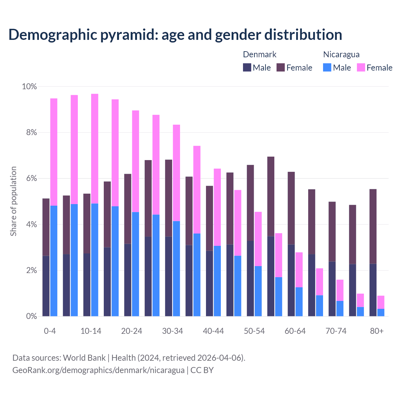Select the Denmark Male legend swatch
247,67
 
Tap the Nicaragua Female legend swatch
361,67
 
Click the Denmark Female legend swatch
281,67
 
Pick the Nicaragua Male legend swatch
327,67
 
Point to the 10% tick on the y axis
29,87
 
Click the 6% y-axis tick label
32,178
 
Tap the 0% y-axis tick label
32,316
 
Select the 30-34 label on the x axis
172,331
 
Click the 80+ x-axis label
377,331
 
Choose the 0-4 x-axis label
50,331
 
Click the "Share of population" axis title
14,201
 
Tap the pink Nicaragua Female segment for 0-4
54,152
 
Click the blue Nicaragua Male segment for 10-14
95,259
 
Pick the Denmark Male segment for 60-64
291,280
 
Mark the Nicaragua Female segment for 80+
381,302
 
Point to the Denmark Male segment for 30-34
169,276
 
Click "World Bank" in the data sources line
84,358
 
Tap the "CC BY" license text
202,370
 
